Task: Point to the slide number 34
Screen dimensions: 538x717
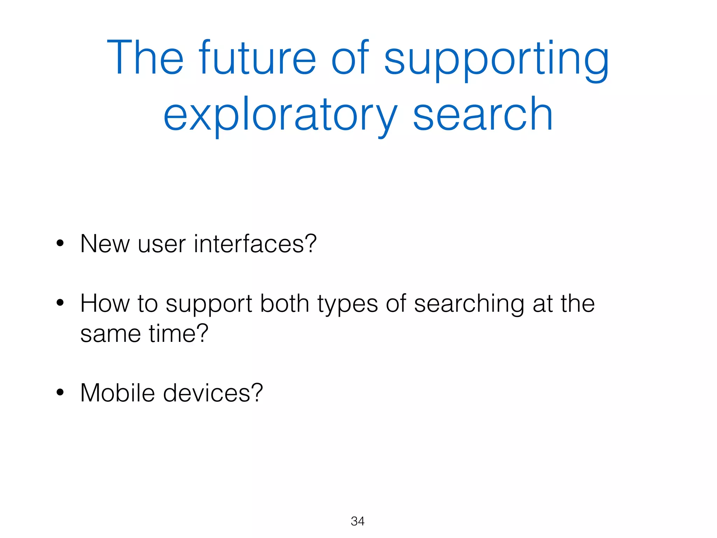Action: (357, 521)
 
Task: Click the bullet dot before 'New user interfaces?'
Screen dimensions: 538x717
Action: (60, 243)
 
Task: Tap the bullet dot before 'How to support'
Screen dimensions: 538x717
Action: (60, 303)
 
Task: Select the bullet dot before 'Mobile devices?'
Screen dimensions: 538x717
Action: (60, 392)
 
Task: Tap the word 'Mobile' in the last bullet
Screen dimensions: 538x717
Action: (118, 393)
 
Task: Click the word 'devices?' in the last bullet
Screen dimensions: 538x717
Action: (213, 393)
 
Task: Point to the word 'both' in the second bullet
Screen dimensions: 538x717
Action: (284, 303)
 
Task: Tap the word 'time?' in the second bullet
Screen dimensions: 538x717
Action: (179, 333)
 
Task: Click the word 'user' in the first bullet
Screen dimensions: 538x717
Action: (161, 244)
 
